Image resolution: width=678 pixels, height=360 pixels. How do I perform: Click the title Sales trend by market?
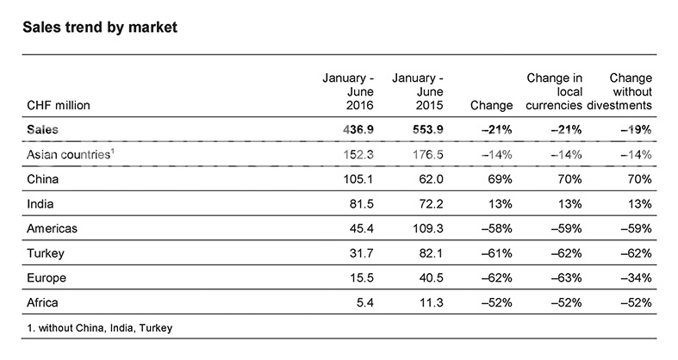(100, 28)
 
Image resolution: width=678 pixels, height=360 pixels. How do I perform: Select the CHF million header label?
(59, 105)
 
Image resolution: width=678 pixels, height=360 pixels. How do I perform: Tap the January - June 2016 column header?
(348, 91)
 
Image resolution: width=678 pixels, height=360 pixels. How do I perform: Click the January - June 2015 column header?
(418, 91)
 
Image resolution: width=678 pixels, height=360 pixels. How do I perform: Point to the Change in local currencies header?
(554, 91)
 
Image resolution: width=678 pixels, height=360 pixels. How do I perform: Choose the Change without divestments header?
(619, 91)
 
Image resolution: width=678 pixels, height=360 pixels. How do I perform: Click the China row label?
(42, 179)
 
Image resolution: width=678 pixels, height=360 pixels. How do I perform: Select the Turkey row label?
(46, 253)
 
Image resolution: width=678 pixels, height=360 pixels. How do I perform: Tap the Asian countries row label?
(71, 154)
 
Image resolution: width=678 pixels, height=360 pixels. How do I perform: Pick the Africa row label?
(42, 302)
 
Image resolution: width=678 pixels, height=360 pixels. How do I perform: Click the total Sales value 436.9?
(358, 130)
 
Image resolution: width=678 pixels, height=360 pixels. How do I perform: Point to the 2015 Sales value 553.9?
(428, 130)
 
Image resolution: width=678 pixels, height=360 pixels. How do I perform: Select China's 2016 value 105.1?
(358, 179)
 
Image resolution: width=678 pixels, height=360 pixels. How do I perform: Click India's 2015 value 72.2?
(431, 203)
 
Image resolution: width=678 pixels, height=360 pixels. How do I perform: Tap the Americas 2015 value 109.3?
(428, 228)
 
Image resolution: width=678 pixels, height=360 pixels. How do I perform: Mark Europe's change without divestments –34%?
(636, 277)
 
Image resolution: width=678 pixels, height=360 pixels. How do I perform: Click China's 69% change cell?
(500, 179)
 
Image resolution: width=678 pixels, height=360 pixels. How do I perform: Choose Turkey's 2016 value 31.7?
(362, 253)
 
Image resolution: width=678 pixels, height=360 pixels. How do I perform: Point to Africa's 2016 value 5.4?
(365, 302)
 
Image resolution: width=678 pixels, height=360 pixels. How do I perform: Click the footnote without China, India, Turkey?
(100, 328)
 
